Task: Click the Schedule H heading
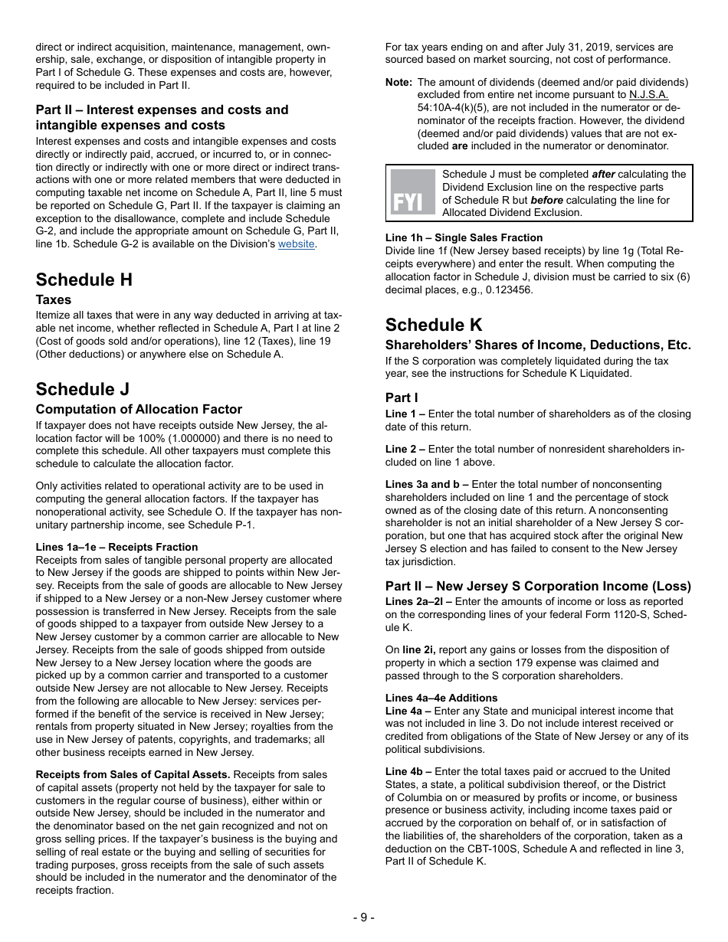84,280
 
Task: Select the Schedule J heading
83,389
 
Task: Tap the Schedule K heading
434,325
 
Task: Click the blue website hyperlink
296,244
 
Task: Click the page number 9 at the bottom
364,917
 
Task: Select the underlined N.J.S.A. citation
648,95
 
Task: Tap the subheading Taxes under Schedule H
54,300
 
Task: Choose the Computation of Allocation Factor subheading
139,410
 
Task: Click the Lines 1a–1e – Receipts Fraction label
116,547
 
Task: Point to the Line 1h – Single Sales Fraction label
464,237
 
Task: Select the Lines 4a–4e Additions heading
441,698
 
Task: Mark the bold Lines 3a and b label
426,484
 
